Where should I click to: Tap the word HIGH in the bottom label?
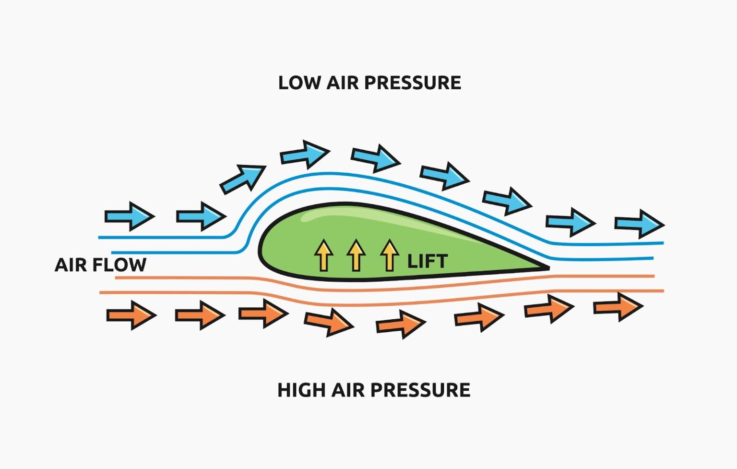click(301, 390)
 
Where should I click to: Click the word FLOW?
click(120, 265)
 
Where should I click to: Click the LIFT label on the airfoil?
click(427, 262)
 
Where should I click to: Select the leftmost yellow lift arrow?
click(323, 255)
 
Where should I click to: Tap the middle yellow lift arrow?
click(356, 255)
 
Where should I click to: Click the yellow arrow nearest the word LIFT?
click(389, 255)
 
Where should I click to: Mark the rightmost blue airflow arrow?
click(640, 224)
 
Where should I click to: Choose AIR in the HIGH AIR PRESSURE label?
click(349, 390)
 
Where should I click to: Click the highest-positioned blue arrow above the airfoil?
click(305, 154)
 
